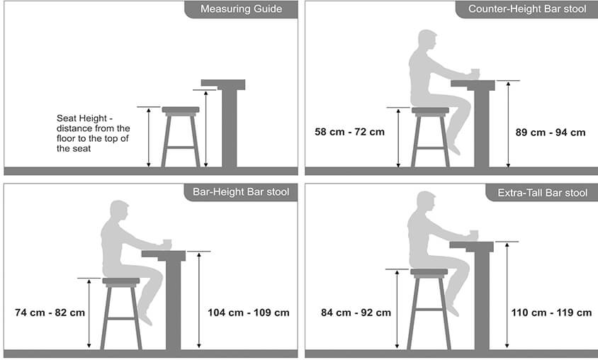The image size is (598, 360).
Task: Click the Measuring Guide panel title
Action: coord(241,9)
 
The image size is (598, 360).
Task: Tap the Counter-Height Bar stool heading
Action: coord(527,9)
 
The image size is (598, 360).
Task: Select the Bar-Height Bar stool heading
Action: coord(241,192)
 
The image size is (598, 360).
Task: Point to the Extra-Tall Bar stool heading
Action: coord(542,193)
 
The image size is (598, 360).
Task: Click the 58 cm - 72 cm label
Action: coord(350,132)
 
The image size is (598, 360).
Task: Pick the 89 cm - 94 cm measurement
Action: coord(551,133)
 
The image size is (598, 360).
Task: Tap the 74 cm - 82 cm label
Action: coord(50,313)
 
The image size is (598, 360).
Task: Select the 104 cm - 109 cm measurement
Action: coord(248,313)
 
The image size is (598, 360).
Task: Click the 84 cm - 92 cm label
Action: coord(356,313)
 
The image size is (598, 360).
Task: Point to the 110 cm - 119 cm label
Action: coord(551,313)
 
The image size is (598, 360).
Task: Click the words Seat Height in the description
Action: coord(81,118)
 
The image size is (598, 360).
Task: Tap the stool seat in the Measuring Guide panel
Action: coord(181,111)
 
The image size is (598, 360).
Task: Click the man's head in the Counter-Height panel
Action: coord(427,39)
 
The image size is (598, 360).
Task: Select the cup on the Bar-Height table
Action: coord(167,243)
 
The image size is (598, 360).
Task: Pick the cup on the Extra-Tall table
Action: coord(474,235)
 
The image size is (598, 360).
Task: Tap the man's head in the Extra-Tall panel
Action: coord(426,201)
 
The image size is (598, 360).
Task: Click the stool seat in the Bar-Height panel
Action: coord(121,281)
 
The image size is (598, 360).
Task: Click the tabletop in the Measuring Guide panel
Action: coord(223,84)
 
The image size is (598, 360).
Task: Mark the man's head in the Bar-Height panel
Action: coord(119,210)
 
